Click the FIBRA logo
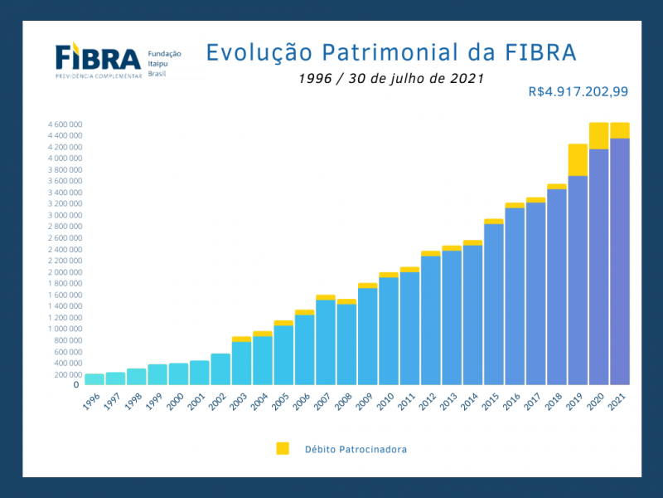98,60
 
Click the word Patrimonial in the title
390,52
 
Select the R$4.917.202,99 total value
578,91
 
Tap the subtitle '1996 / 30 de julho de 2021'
390,78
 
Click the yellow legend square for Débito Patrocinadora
283,448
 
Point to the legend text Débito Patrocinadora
356,449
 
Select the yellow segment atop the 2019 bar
578,159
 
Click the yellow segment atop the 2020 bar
598,135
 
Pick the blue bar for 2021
619,261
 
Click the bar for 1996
94,379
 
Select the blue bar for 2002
220,369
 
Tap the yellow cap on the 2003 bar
241,339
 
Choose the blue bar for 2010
389,330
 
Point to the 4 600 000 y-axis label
65,124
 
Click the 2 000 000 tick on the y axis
65,272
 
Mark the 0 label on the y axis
76,384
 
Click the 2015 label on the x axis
491,402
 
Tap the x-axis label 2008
343,402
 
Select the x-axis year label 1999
154,402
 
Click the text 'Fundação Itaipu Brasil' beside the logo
164,64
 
